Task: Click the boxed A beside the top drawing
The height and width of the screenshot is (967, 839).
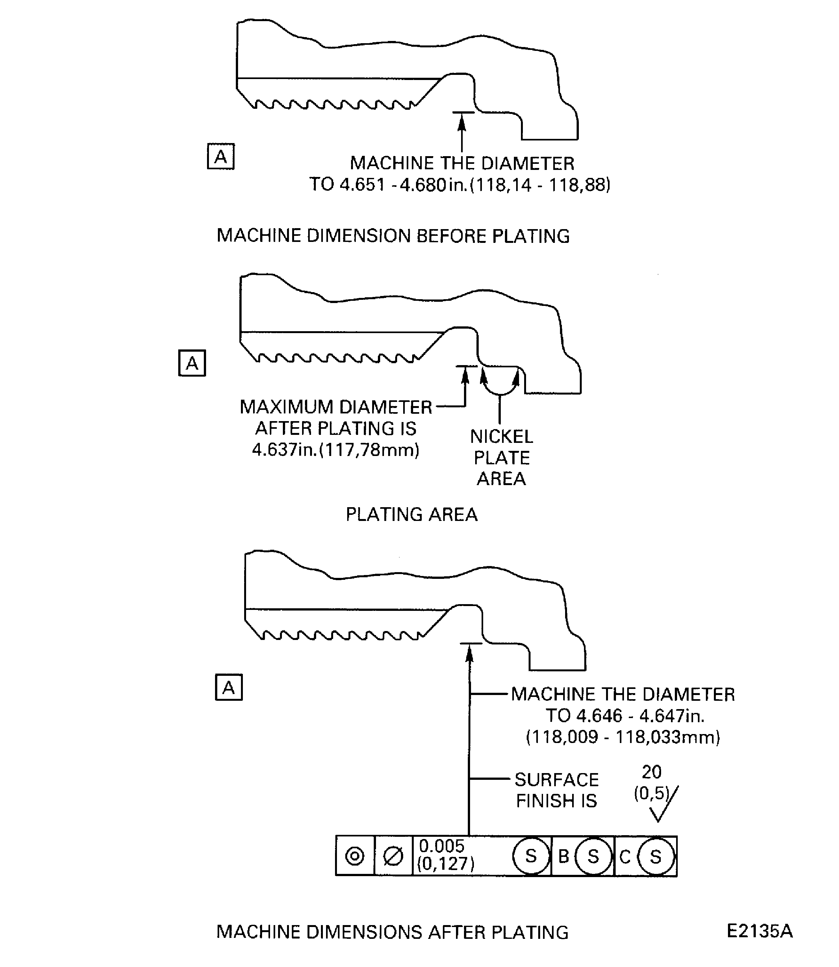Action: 220,156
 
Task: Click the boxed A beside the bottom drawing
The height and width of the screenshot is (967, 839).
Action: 228,687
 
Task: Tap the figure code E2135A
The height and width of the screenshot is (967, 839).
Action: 759,931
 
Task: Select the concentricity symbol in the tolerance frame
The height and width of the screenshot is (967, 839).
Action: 355,856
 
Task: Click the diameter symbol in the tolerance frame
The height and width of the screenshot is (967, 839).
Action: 393,856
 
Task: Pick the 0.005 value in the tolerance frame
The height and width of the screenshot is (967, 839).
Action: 442,846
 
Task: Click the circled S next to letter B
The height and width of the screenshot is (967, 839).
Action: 593,857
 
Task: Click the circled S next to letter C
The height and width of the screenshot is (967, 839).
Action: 655,857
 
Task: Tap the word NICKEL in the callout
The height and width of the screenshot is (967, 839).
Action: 501,436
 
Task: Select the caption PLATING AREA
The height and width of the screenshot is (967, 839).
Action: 412,515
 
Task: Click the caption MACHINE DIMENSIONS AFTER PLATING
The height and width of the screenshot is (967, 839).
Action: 392,932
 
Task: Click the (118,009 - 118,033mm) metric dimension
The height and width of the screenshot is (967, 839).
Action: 623,737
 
